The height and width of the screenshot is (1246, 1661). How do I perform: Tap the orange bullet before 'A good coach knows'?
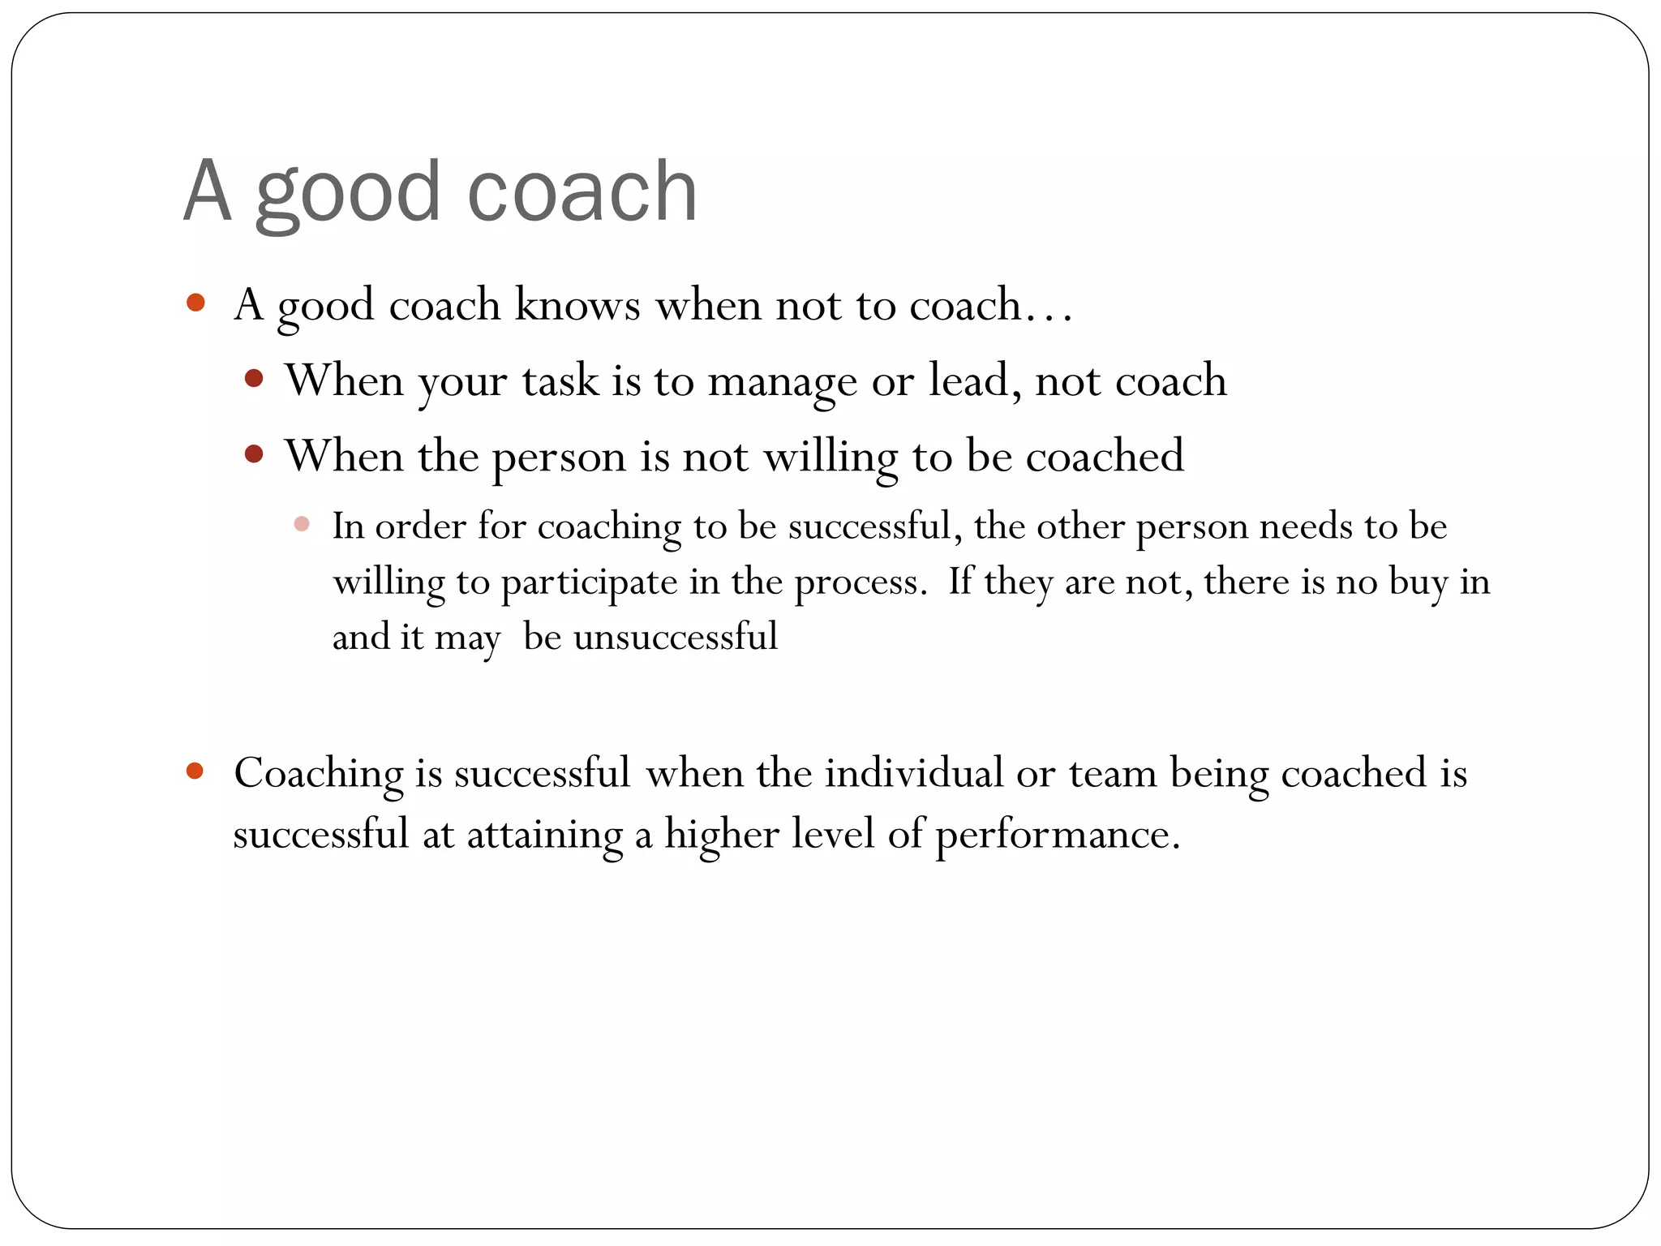pos(195,303)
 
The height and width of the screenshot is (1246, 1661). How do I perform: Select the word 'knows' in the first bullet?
pos(577,305)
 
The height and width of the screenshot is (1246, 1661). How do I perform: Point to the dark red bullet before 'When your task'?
pos(254,379)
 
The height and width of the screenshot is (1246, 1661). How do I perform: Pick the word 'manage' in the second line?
pos(782,381)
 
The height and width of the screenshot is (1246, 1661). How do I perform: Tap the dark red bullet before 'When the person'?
pos(254,454)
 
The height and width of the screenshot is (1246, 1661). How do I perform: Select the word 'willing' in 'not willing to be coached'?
pos(831,457)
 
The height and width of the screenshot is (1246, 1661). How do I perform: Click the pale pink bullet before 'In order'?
pos(302,524)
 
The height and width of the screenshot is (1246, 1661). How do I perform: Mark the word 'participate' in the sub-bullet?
pos(589,582)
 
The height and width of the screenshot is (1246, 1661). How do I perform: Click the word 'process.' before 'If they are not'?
pos(861,582)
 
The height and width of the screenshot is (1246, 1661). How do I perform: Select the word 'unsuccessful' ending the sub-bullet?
pos(676,636)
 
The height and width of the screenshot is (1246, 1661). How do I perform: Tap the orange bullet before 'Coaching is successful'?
pos(195,771)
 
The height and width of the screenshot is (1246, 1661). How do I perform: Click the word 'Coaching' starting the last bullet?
pos(319,773)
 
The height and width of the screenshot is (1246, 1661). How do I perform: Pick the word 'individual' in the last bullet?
pos(914,772)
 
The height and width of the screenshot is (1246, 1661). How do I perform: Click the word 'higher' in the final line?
pos(722,834)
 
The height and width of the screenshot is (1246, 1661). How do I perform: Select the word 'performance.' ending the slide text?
pos(1058,836)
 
